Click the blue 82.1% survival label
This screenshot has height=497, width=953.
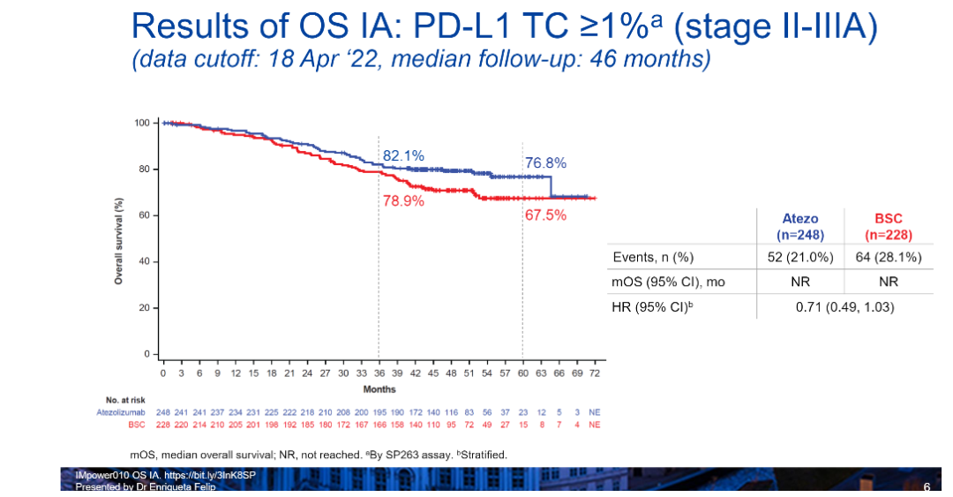tap(403, 155)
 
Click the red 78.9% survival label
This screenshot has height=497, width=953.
tap(403, 201)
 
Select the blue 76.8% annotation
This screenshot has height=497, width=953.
tap(545, 163)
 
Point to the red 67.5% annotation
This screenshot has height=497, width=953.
tap(545, 215)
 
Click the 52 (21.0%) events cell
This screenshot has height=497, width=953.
tap(800, 257)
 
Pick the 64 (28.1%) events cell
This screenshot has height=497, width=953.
tap(888, 257)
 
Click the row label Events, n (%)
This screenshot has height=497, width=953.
tap(654, 257)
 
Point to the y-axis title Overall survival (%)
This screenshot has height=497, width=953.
tap(117, 240)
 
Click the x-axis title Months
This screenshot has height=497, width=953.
tap(379, 388)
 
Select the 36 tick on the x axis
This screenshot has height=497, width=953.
tap(379, 373)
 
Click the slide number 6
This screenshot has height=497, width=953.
tap(926, 487)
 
